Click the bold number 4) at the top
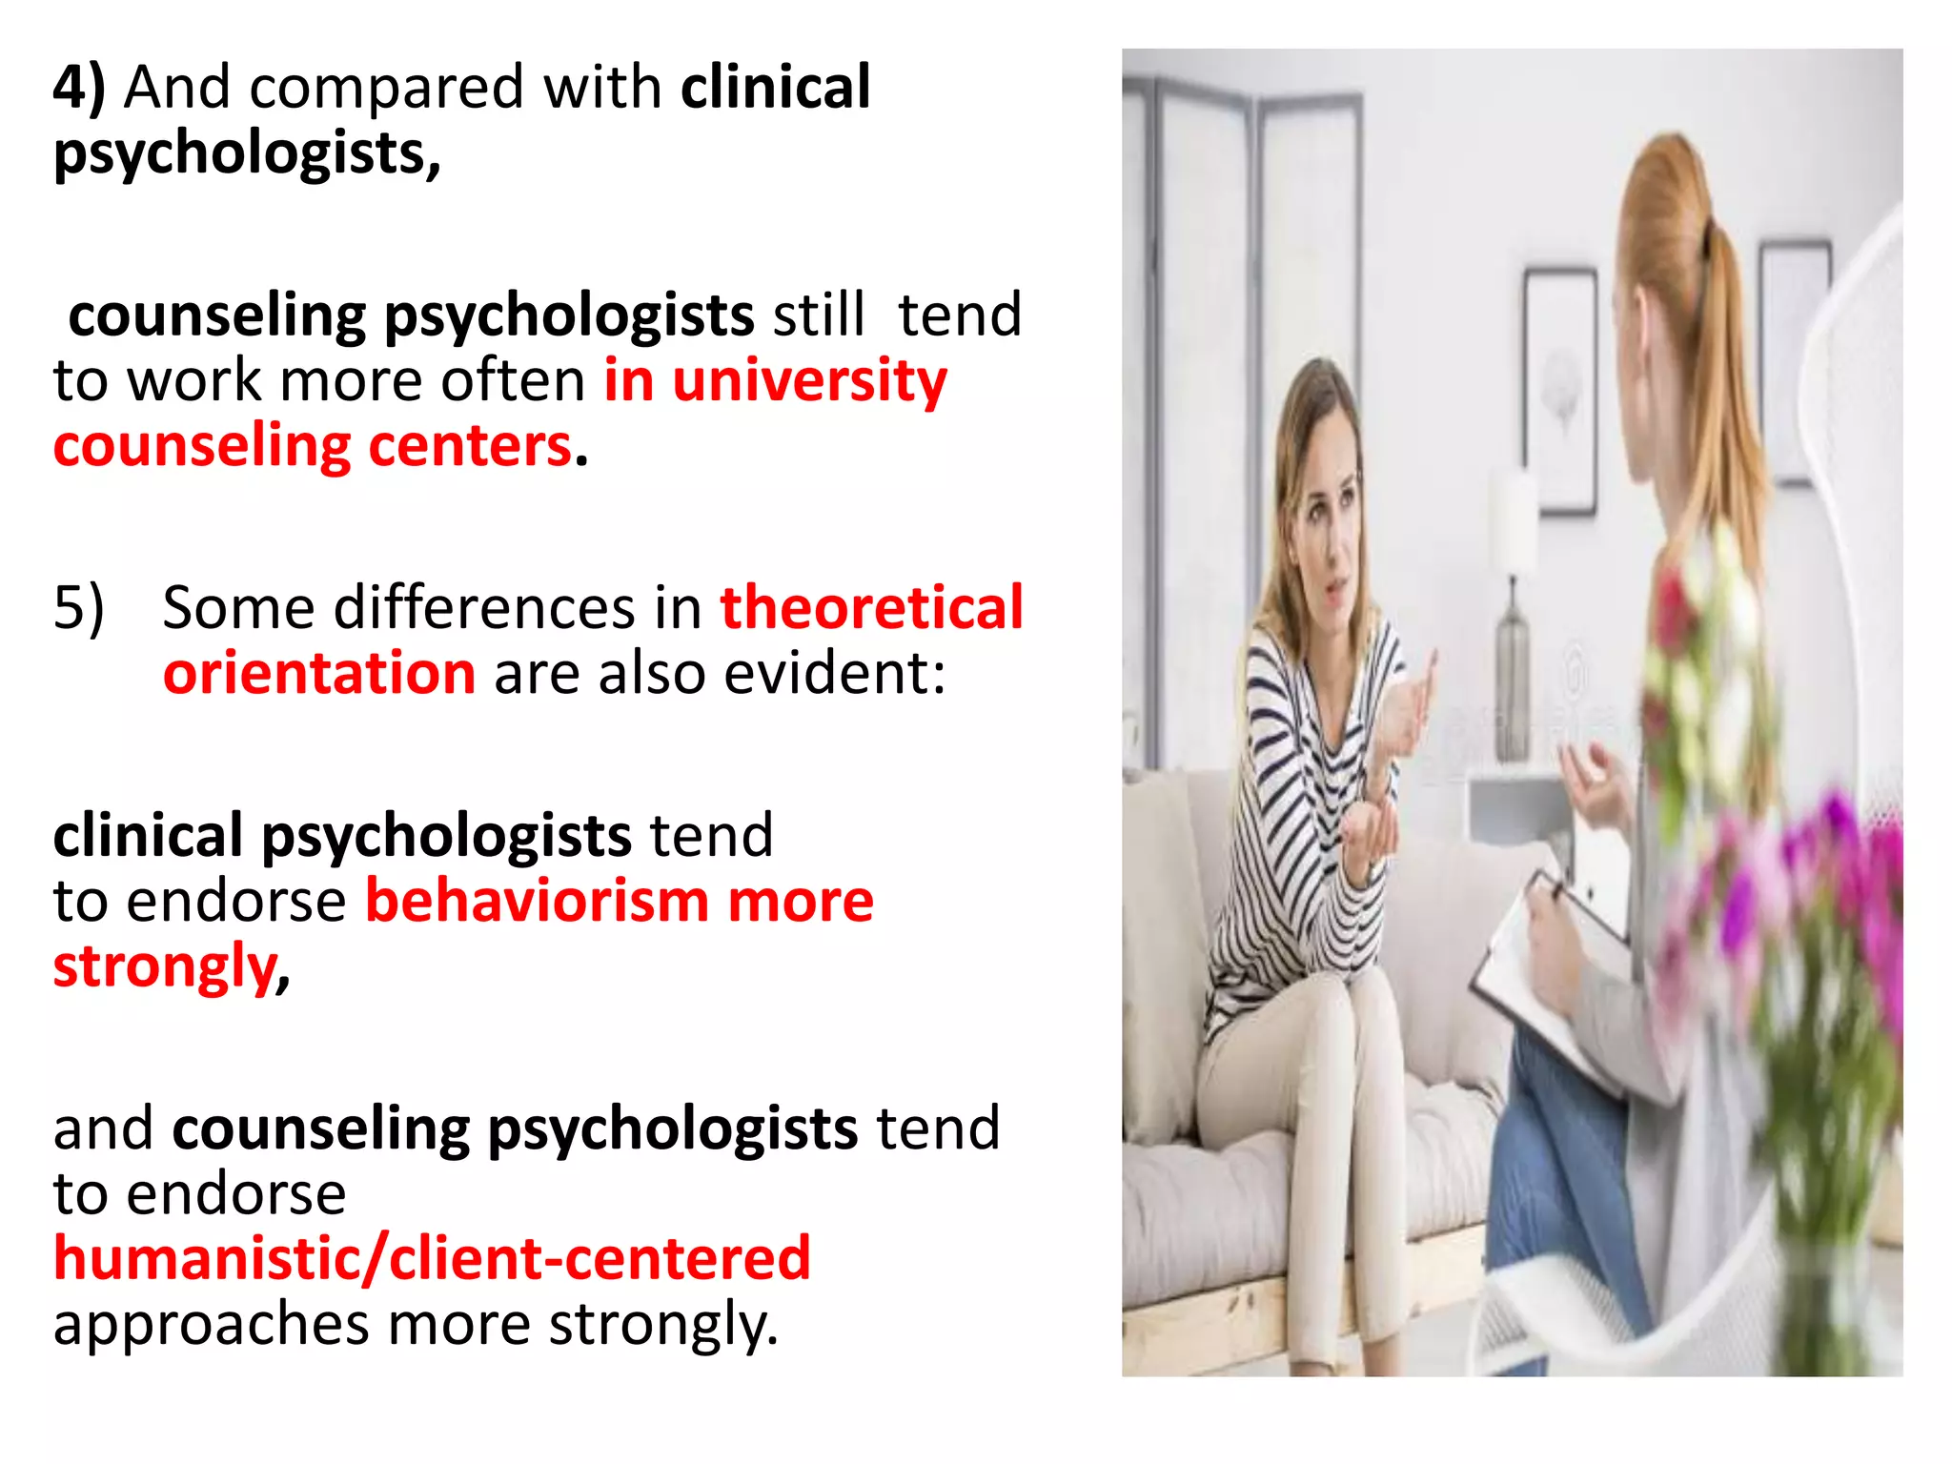(x=78, y=88)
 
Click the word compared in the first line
(x=387, y=88)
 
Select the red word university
(x=810, y=381)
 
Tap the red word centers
(x=469, y=446)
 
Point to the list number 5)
(x=78, y=608)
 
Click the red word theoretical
(x=871, y=608)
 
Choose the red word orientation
(x=319, y=673)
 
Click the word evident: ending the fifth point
(x=835, y=673)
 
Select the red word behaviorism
(x=537, y=901)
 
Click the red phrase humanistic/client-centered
(x=432, y=1258)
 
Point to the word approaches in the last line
(x=211, y=1325)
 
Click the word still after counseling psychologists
(x=819, y=315)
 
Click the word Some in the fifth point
(x=237, y=608)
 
